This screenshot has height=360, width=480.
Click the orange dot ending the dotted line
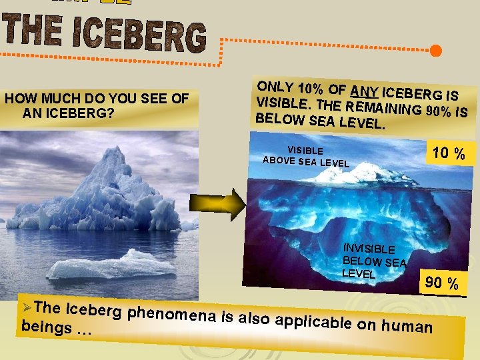click(435, 51)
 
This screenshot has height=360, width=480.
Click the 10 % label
click(449, 153)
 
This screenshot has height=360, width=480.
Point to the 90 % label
click(442, 283)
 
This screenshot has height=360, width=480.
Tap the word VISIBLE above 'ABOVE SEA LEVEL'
click(305, 151)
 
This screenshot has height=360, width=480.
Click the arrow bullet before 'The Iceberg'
click(27, 307)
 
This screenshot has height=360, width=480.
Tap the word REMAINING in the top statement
click(376, 108)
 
